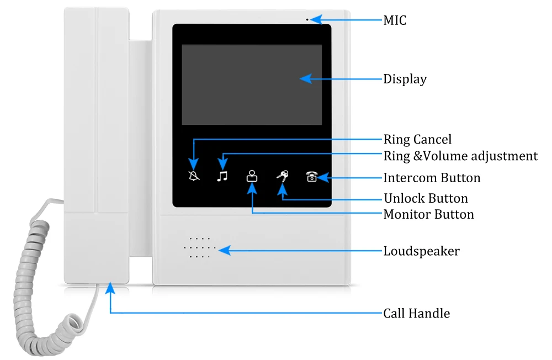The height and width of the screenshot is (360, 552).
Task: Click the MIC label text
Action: [395, 20]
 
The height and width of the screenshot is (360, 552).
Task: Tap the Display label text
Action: [405, 80]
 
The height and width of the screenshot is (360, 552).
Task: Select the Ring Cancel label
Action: [417, 140]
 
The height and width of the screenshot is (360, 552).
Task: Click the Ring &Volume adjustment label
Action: [460, 156]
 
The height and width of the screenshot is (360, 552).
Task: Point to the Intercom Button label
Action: [432, 178]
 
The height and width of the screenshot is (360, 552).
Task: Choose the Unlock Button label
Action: [426, 198]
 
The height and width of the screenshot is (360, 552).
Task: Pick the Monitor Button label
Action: [428, 214]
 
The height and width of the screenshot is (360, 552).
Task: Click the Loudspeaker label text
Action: [421, 251]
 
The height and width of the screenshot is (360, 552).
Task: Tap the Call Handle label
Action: [416, 313]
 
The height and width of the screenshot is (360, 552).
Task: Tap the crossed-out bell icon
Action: [194, 176]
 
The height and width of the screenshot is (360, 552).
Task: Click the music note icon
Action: [222, 176]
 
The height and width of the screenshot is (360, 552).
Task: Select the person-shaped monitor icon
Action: [252, 176]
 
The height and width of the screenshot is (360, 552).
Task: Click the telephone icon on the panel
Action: [312, 177]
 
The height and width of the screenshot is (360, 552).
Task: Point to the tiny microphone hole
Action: [307, 20]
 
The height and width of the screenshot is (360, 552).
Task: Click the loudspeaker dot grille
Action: [200, 247]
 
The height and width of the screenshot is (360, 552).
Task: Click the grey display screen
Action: [252, 84]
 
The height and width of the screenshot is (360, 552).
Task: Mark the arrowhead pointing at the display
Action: [306, 78]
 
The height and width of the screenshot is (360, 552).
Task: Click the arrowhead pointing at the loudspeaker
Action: [224, 251]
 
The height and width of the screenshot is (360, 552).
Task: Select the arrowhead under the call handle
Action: [110, 288]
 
